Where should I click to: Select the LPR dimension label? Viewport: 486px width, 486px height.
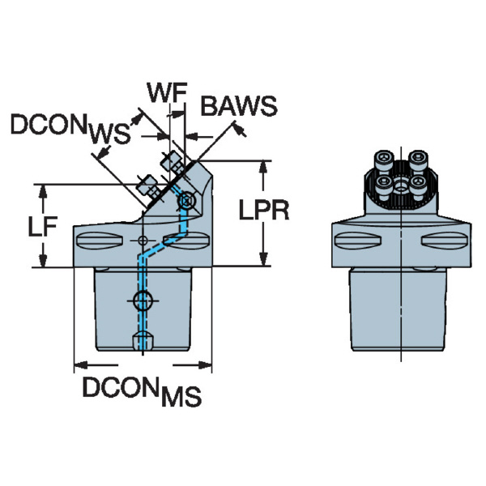(264, 211)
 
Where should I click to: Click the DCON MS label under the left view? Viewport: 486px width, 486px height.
(141, 391)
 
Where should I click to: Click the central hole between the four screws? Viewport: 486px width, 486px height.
(400, 173)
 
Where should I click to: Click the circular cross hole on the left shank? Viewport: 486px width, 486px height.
(143, 301)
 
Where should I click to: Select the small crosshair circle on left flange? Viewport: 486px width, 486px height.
(143, 241)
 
